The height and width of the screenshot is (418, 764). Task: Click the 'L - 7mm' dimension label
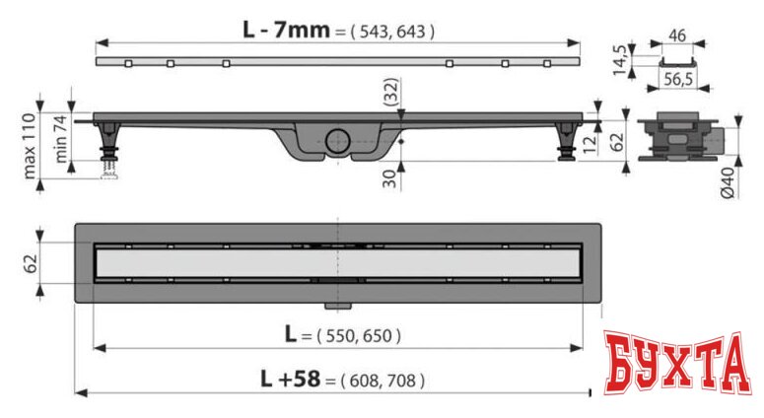point(287,31)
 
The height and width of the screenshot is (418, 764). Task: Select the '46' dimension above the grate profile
point(677,35)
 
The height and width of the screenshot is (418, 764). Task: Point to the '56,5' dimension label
point(678,79)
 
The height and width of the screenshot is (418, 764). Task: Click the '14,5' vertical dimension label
point(620,60)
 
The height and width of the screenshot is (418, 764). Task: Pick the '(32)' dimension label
point(390,92)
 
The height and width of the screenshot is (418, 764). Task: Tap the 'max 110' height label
point(30,146)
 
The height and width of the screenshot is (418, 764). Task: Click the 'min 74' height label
point(60,139)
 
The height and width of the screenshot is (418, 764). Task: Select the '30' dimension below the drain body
point(389,178)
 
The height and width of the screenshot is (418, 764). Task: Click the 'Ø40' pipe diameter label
point(728,182)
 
